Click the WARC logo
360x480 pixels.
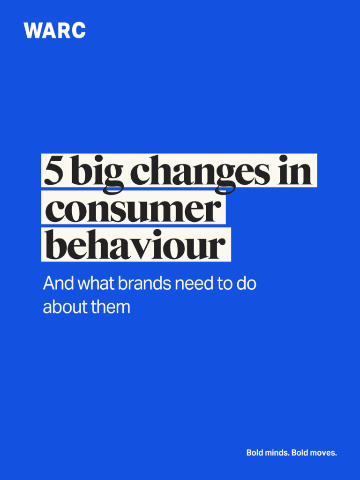click(55, 30)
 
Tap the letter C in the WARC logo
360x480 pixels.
click(78, 30)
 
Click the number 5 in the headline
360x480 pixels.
click(53, 172)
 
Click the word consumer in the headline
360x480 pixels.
click(133, 210)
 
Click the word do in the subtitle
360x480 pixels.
click(247, 284)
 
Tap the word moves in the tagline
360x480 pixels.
click(323, 453)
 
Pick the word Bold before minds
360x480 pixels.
click(255, 453)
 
